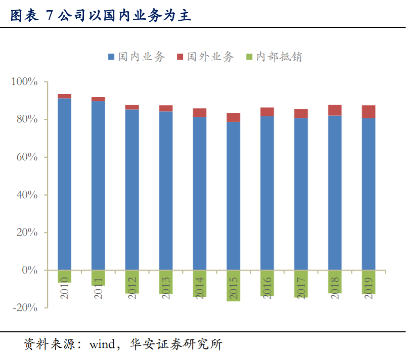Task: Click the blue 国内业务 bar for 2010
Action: click(x=64, y=184)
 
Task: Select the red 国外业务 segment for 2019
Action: click(x=369, y=112)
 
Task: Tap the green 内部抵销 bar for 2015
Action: click(x=233, y=286)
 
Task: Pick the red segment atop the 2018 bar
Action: click(x=335, y=110)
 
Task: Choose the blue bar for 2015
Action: click(x=233, y=196)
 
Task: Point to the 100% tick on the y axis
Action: click(x=25, y=82)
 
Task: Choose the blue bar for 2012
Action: click(x=132, y=190)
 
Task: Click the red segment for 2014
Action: click(x=200, y=113)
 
